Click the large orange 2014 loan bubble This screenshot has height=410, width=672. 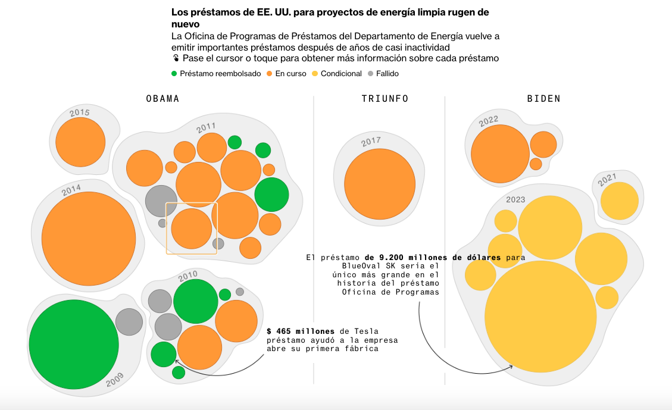(x=89, y=238)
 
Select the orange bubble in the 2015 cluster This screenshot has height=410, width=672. (x=80, y=142)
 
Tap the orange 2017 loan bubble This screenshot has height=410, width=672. (x=380, y=184)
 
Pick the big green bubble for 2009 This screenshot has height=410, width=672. (x=74, y=345)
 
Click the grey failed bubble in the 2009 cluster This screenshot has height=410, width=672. (x=129, y=322)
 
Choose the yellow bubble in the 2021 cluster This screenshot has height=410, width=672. (x=619, y=201)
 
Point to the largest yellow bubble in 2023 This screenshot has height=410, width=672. (x=540, y=317)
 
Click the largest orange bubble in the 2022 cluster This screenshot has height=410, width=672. (x=500, y=154)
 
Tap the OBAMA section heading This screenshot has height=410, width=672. (x=162, y=99)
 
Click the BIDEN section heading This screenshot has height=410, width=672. (x=543, y=99)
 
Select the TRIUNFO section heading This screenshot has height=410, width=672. (x=385, y=99)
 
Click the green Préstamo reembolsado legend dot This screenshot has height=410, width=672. (x=174, y=74)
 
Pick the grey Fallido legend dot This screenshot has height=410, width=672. (x=371, y=74)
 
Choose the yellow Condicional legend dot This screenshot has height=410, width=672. (x=315, y=74)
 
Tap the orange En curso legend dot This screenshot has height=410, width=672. (x=270, y=74)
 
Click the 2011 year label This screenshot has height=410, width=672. (x=206, y=127)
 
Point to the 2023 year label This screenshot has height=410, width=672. (x=515, y=199)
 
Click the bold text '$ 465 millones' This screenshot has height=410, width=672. (x=300, y=331)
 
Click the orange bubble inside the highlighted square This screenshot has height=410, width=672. (x=192, y=229)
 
